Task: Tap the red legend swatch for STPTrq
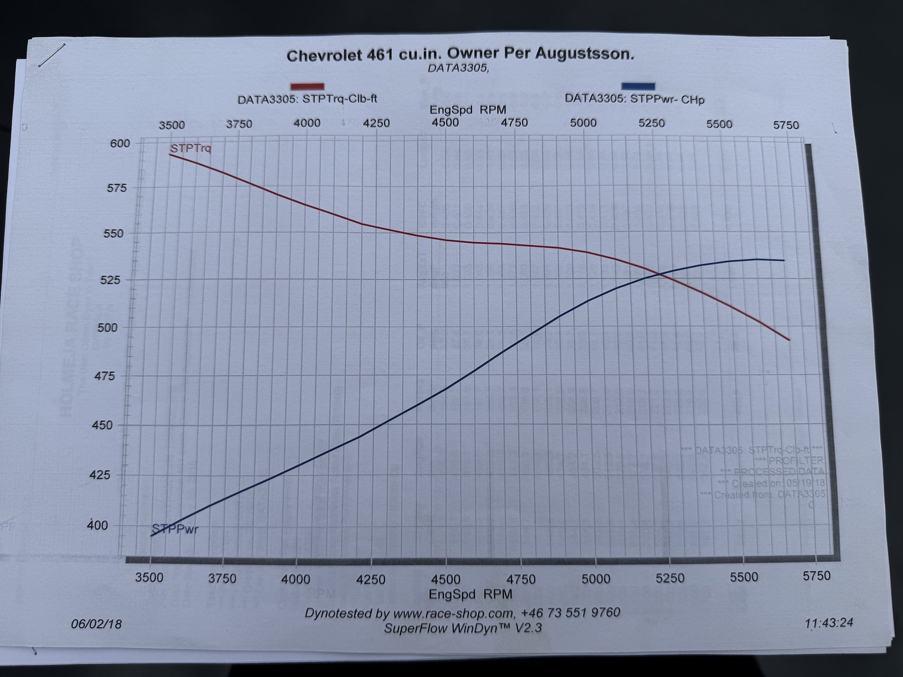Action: tap(307, 87)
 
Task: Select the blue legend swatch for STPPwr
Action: tap(637, 86)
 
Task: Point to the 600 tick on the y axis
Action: tap(120, 143)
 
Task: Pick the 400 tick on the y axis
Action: tap(98, 525)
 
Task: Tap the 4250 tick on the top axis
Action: tap(376, 123)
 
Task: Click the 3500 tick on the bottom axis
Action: tap(149, 577)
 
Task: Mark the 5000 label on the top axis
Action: tap(583, 123)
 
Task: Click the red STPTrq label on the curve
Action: tap(190, 148)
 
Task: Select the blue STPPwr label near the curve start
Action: tap(175, 529)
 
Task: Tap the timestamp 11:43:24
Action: tap(829, 623)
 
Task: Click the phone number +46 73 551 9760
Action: tap(570, 613)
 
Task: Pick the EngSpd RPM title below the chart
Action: tap(470, 594)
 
